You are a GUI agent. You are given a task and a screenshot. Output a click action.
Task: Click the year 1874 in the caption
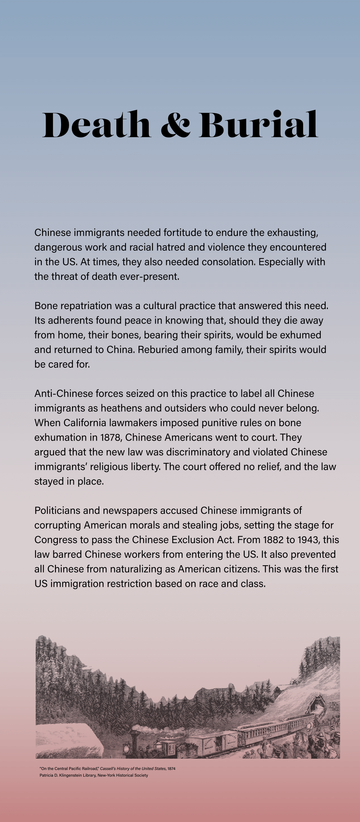(x=172, y=769)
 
